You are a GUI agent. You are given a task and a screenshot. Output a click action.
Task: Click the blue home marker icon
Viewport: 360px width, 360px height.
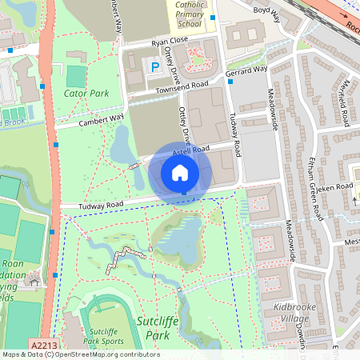tap(180, 173)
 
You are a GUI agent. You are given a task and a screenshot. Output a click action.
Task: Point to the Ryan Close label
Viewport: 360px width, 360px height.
tap(169, 40)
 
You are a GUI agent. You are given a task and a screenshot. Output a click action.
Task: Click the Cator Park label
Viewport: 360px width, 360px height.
tap(85, 93)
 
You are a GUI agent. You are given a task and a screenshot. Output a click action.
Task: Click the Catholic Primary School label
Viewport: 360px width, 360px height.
tap(190, 14)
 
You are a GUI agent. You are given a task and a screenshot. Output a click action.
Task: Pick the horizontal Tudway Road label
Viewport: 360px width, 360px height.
tap(101, 206)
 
